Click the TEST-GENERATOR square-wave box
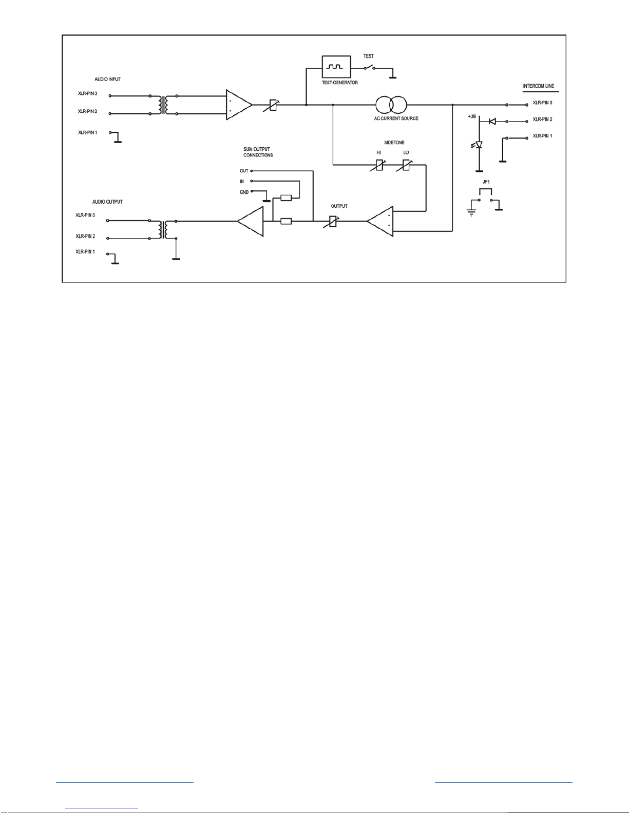(x=336, y=67)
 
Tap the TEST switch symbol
(x=370, y=68)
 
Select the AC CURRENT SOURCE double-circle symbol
(x=391, y=105)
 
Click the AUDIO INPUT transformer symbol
(x=163, y=105)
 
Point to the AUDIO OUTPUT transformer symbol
(x=163, y=230)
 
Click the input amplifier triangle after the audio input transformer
(x=239, y=105)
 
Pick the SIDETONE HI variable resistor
(x=379, y=165)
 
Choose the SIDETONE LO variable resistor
(x=406, y=165)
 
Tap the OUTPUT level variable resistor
(x=332, y=222)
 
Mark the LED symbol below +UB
(x=478, y=145)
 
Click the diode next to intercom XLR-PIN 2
(x=492, y=121)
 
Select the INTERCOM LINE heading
(x=539, y=86)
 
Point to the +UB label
(x=472, y=117)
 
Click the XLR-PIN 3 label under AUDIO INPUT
(x=88, y=93)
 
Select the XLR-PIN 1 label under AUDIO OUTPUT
(x=85, y=252)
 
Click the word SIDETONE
(x=394, y=143)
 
